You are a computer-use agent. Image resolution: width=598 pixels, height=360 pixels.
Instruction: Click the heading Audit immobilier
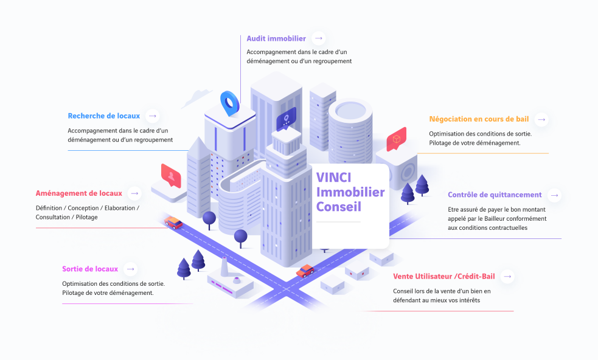tap(276, 38)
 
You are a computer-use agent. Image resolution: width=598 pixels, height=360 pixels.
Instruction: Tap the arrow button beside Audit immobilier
tap(319, 38)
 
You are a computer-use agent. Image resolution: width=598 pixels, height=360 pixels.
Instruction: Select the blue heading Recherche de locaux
tap(104, 116)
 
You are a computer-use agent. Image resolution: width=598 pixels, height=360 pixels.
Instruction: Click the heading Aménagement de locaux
tap(79, 193)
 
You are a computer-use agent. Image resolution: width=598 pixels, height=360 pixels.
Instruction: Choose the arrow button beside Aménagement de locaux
tap(135, 193)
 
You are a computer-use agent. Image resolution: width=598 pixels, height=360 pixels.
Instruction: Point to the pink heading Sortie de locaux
tap(90, 269)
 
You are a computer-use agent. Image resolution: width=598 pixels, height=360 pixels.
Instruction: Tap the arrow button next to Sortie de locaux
tap(130, 269)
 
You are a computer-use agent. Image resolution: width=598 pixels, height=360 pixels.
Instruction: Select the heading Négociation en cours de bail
tap(479, 119)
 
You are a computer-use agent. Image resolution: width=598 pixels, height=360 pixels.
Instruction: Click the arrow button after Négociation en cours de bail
tap(541, 119)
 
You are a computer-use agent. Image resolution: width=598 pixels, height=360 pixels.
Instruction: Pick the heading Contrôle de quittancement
tap(495, 195)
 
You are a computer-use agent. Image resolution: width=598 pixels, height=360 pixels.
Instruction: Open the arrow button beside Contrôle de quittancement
tap(554, 195)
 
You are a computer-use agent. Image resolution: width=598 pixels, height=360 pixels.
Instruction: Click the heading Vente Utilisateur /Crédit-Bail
tap(444, 277)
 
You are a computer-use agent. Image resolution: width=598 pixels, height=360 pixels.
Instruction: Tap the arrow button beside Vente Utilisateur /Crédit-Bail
tap(507, 277)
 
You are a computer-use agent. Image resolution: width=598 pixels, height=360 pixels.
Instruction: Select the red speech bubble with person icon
tap(172, 175)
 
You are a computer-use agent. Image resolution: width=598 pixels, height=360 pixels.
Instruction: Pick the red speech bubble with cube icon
tap(396, 139)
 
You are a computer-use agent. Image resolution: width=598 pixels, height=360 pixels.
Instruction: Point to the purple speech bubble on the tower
tap(286, 119)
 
